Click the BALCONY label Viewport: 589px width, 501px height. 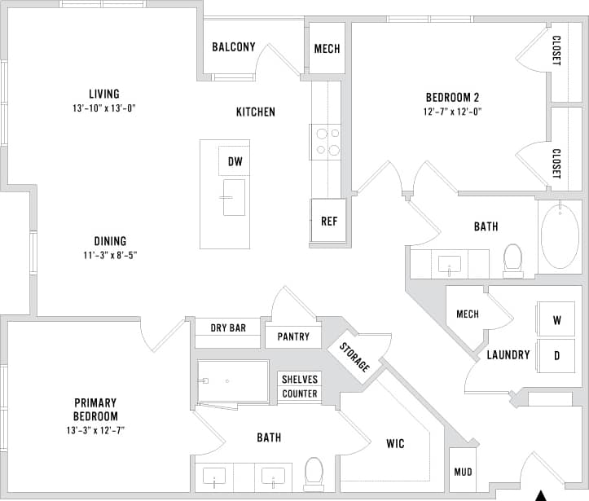[234, 47]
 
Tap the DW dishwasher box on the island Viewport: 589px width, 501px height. [235, 161]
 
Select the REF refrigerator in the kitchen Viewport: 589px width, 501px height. [328, 221]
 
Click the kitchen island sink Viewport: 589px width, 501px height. [234, 197]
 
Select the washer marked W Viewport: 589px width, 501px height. [557, 320]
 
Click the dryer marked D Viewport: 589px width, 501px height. [557, 355]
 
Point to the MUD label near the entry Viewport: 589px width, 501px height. [463, 472]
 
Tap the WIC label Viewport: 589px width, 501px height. [395, 444]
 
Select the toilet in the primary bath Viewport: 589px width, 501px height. [313, 473]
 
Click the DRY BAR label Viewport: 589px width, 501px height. [228, 328]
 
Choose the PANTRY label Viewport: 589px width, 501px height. [293, 336]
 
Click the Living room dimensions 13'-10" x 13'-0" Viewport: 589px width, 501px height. [103, 108]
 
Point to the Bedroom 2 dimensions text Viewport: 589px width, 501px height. [451, 112]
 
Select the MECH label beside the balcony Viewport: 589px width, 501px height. [327, 49]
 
